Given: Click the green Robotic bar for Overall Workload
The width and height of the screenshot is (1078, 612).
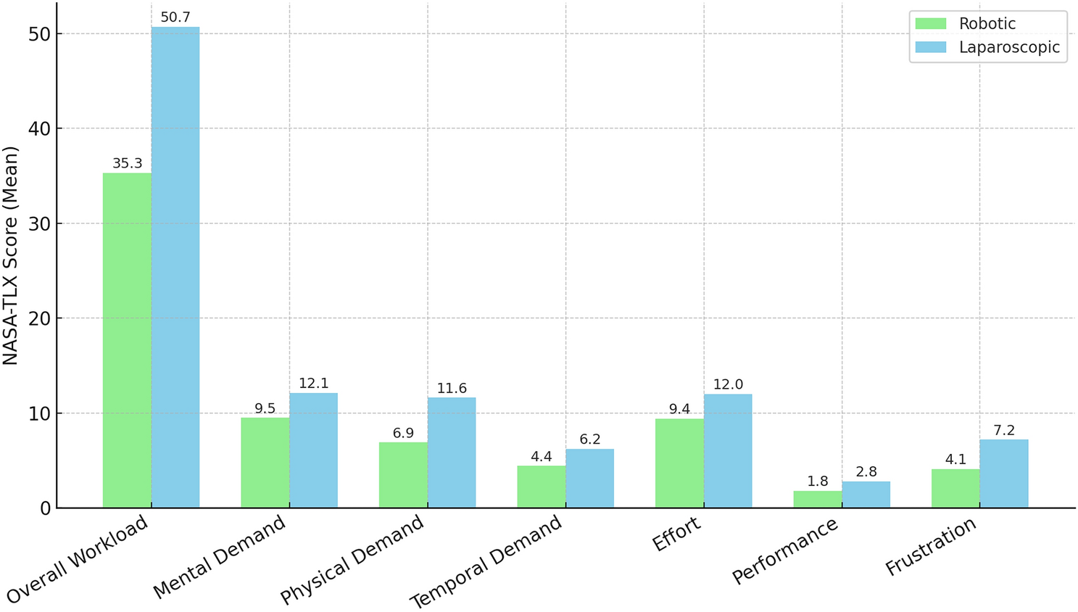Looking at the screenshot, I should [127, 340].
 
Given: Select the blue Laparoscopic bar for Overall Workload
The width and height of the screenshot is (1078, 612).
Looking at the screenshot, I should [175, 268].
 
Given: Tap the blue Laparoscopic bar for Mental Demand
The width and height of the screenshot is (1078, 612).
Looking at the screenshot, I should [313, 450].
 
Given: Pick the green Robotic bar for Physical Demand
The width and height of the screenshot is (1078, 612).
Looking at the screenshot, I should [403, 475].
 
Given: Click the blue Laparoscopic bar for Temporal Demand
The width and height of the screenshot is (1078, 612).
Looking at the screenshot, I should [589, 479].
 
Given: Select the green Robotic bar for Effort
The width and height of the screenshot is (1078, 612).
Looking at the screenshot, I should [679, 463].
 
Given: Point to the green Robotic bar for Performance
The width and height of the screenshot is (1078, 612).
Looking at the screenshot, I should [817, 500].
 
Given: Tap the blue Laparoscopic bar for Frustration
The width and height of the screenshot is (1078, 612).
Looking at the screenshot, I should [1003, 474].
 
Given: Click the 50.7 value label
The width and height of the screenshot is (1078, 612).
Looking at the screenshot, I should [175, 17].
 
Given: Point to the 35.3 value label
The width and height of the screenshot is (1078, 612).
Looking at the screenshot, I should [127, 163].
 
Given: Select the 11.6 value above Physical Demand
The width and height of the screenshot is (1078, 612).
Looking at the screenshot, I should [452, 388].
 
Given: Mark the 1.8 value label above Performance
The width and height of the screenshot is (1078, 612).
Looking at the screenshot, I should [817, 481].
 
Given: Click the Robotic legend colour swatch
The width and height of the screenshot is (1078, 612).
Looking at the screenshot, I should [931, 23].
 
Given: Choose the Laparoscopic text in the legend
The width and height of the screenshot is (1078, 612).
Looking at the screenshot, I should [1009, 47].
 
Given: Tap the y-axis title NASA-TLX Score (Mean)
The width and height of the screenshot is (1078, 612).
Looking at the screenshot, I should [10, 255].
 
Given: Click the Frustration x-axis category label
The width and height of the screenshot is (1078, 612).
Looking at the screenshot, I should [931, 547].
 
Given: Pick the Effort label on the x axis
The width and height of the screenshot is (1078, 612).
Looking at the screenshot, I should [676, 535].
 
